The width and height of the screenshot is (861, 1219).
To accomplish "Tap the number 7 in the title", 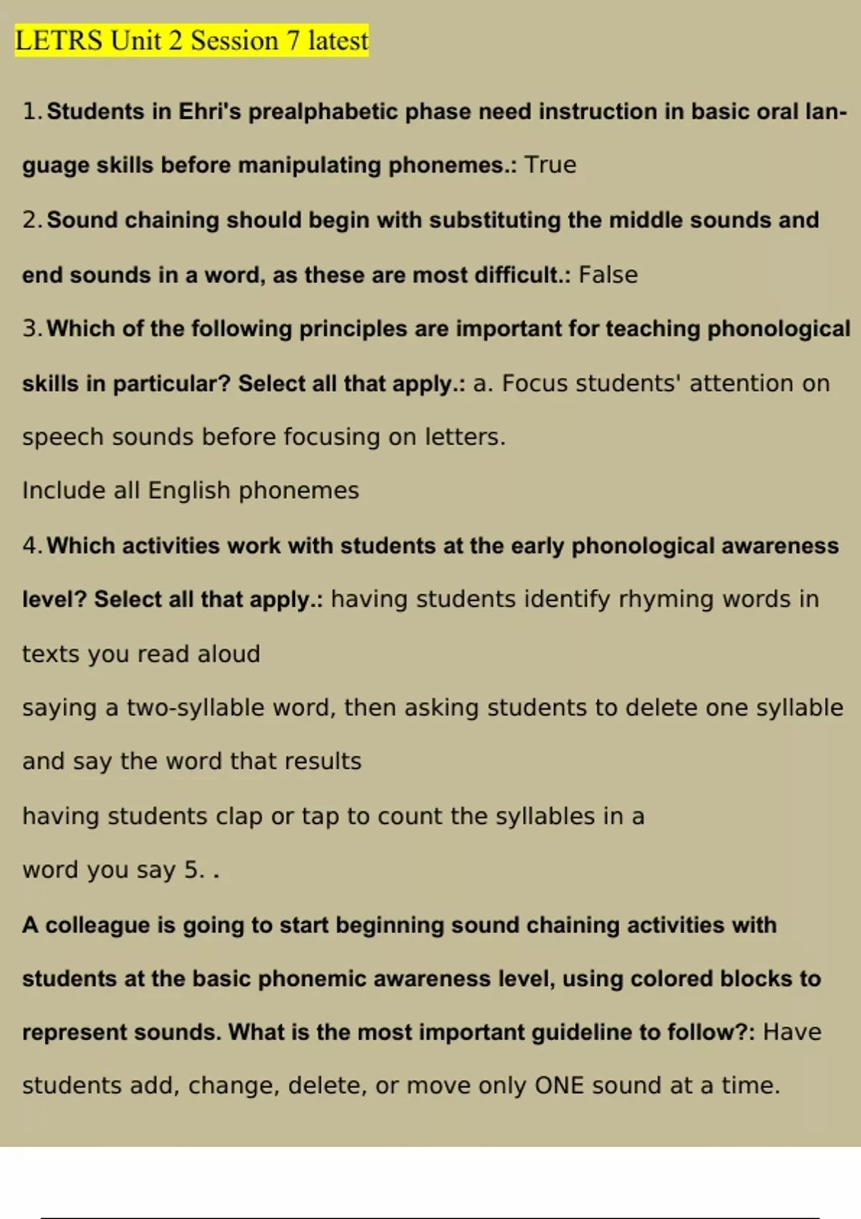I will coord(293,41).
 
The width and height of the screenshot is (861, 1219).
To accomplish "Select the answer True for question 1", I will coord(550,165).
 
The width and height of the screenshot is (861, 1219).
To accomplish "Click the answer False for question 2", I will coord(608,275).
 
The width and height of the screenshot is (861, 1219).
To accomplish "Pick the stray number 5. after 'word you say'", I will coord(194,870).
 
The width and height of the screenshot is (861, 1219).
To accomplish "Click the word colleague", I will coord(100,925).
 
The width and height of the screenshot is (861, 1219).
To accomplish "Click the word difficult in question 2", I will coord(517,275).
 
